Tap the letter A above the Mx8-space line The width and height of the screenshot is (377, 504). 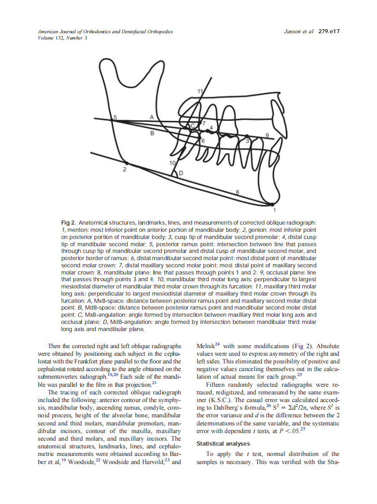click(152, 116)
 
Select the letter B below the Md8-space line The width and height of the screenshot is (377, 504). click(152, 133)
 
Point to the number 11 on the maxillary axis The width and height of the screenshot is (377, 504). click(201, 92)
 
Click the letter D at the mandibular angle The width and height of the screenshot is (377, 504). click(181, 173)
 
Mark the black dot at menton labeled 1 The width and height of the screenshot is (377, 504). click(274, 204)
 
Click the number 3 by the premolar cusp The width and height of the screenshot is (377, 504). click(247, 141)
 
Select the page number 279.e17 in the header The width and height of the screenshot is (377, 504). click(329, 32)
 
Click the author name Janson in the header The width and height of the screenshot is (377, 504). click(294, 32)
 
